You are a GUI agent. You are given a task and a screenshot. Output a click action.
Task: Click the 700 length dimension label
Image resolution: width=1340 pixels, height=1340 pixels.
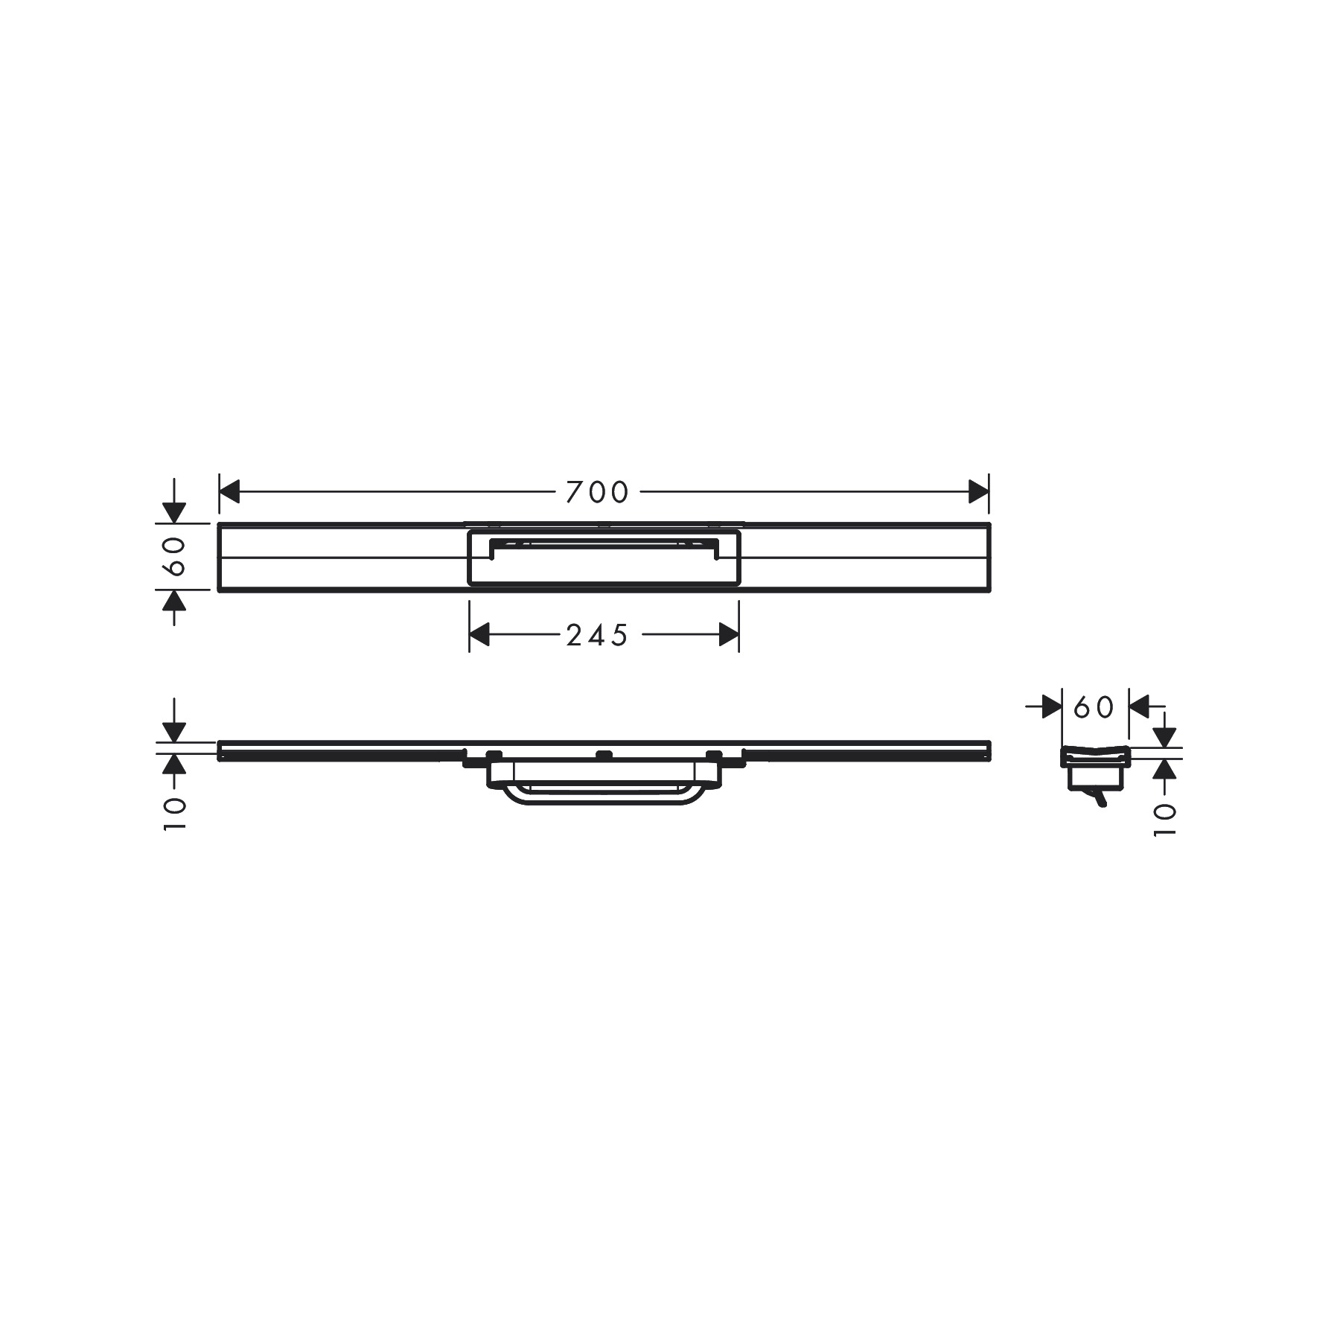coord(597,492)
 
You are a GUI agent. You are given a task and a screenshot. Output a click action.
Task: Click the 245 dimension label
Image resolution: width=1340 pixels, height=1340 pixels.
coord(597,635)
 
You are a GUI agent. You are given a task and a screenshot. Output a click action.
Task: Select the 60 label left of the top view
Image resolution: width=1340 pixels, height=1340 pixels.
coord(174,556)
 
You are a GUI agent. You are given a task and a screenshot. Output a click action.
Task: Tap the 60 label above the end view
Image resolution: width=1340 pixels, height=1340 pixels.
coord(1094,707)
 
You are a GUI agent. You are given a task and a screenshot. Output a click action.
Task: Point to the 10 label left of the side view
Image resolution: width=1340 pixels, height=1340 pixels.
coord(174,814)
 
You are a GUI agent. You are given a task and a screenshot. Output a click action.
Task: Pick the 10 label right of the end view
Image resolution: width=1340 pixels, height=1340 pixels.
coord(1164,820)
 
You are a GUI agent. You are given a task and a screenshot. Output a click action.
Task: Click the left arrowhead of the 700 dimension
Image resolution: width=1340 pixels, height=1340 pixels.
coord(229,492)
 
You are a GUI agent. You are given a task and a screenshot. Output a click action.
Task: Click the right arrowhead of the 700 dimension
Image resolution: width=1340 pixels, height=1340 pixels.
coord(979,492)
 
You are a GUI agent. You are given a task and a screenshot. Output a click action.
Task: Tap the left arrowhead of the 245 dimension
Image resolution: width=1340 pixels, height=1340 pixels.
coord(479,635)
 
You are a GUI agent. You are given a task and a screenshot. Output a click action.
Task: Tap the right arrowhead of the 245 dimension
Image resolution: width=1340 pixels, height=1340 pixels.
coord(729,635)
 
